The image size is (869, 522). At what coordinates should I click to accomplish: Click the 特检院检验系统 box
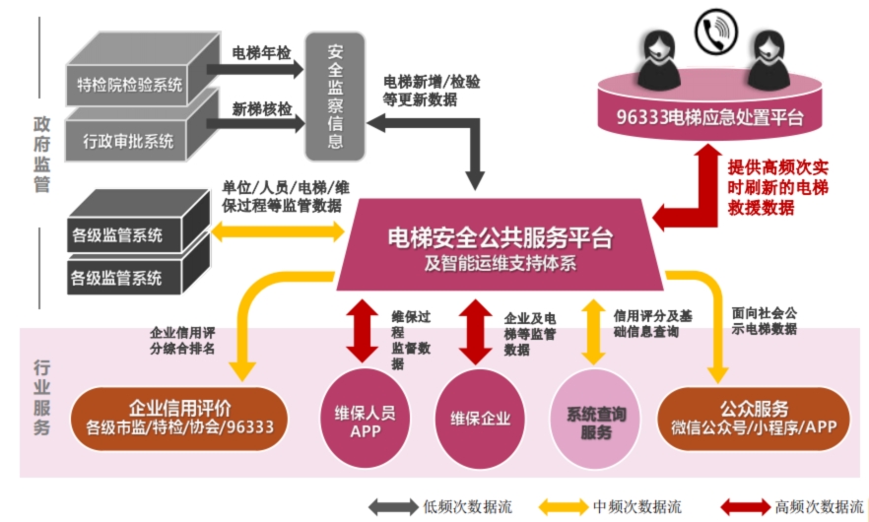pos(129,85)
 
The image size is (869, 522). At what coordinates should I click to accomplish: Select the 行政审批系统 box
pos(129,140)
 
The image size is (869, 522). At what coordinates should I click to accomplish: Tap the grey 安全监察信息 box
pos(336,96)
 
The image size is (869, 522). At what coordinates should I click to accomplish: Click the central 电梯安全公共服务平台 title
pos(500,237)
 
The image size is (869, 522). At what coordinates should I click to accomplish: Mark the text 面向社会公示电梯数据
pos(765,321)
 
